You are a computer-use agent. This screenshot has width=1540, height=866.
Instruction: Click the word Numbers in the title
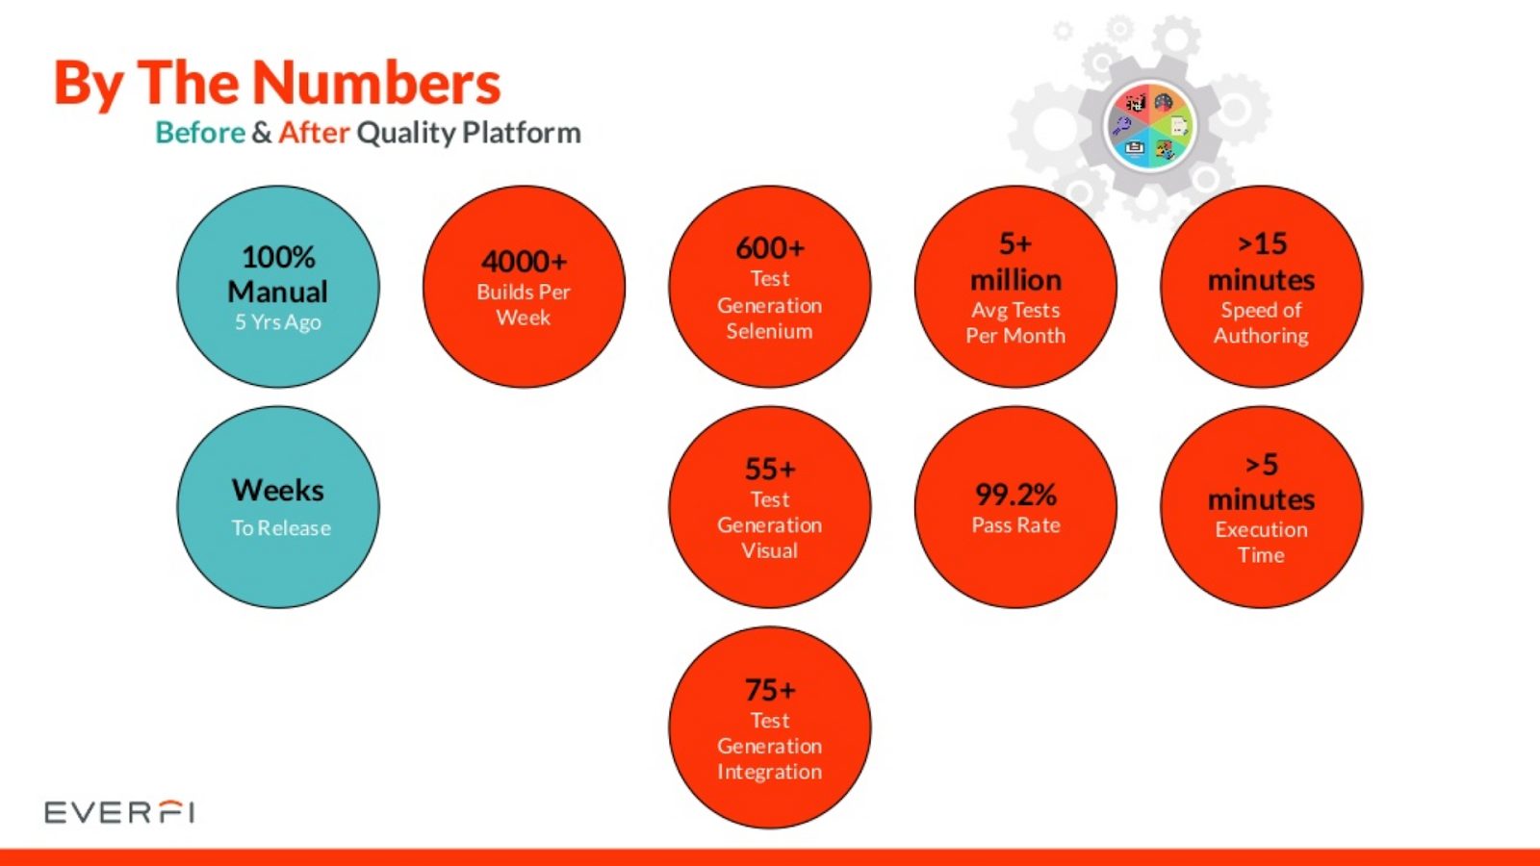pos(376,83)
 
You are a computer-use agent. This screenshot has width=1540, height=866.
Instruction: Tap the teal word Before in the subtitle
pos(200,133)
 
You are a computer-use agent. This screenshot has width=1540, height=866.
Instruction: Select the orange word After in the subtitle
pos(314,132)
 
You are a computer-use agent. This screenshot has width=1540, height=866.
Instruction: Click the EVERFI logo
pos(119,812)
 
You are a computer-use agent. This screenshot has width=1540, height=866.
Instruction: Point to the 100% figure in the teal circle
pos(278,257)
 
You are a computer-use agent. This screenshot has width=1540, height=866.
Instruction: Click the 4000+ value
pos(524,262)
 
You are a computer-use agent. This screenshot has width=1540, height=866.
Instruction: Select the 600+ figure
pos(770,248)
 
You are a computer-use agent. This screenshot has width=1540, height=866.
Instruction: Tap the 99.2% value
pos(1015,495)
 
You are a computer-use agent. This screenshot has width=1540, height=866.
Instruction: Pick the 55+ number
pos(770,470)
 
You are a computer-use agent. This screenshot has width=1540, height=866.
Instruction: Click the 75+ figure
pos(770,690)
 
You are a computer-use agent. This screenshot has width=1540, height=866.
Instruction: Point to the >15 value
pos(1262,244)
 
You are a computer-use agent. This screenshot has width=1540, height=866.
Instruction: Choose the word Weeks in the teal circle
pos(278,490)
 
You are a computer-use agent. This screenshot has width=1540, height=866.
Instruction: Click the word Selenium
pos(769,331)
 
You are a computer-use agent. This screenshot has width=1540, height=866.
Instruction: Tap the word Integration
pos(769,772)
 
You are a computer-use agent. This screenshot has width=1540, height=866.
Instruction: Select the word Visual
pos(769,550)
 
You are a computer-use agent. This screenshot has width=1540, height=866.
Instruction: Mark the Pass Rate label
pos(1015,525)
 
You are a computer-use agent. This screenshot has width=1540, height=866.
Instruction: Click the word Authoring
pos(1261,336)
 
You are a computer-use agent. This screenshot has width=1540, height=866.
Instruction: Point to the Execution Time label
pos(1261,543)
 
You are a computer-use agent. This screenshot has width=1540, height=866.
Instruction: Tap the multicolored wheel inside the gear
pos(1149,126)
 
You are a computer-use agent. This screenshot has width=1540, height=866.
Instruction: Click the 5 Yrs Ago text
pos(278,322)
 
